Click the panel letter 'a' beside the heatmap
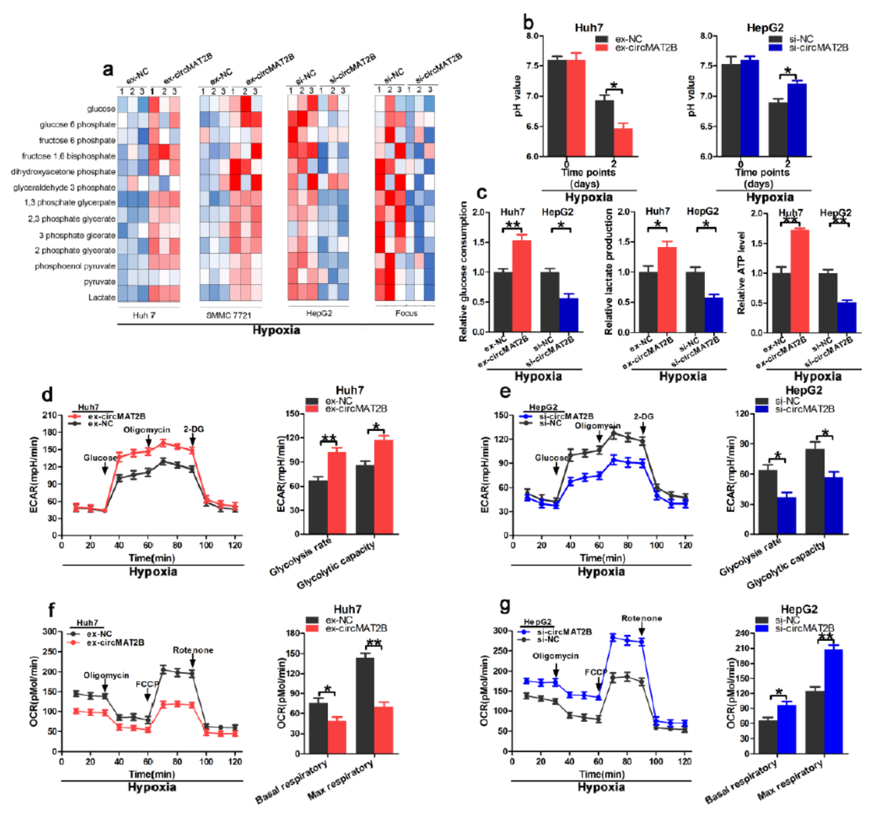pos(108,69)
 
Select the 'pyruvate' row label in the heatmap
pos(99,282)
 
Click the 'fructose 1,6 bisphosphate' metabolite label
pos(68,156)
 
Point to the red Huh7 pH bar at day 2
pos(623,142)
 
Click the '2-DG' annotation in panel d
pos(193,429)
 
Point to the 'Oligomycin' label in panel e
pos(597,426)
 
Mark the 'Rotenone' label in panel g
pos(642,618)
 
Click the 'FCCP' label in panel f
pos(147,684)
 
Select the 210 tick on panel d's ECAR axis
pos(49,415)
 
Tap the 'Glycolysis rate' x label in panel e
pos(750,557)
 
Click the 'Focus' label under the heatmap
pos(406,313)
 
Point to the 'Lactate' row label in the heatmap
pos(102,298)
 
